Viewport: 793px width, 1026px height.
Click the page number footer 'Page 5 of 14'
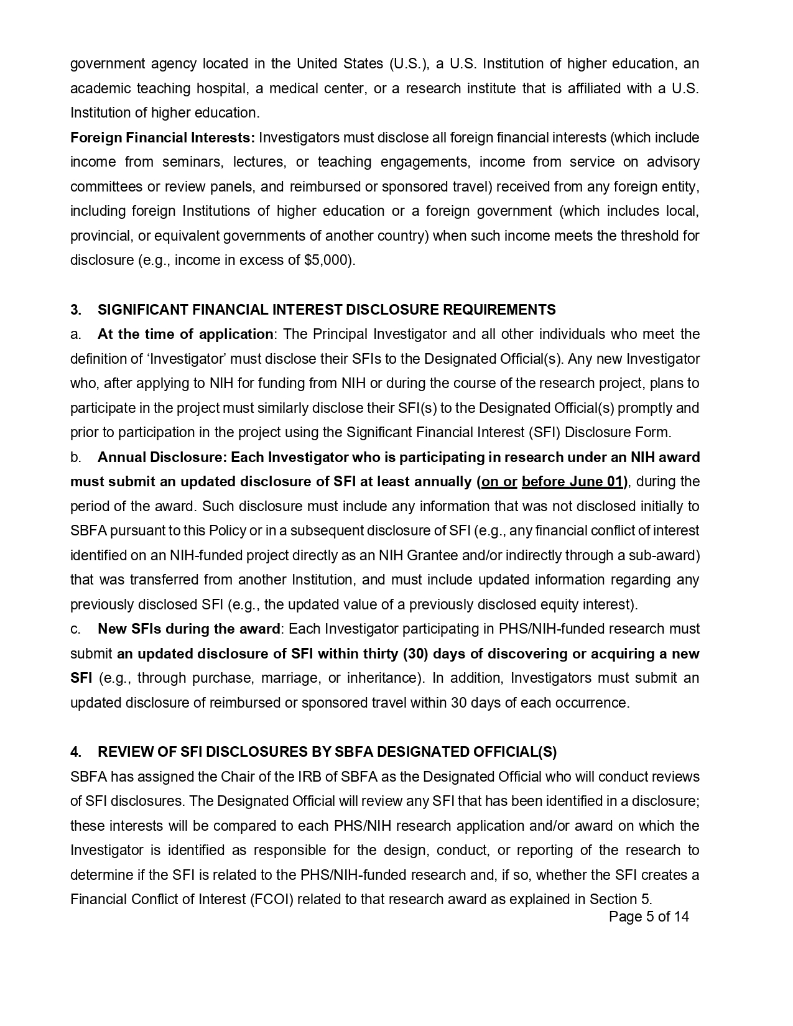point(649,917)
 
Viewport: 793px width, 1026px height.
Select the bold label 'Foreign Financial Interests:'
point(162,137)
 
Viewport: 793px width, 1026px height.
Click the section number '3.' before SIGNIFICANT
point(76,310)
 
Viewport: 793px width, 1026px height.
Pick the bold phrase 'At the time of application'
point(185,334)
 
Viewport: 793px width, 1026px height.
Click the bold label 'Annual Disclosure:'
point(162,457)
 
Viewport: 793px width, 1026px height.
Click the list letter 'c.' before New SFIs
point(76,629)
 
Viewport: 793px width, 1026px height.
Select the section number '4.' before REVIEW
point(76,752)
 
